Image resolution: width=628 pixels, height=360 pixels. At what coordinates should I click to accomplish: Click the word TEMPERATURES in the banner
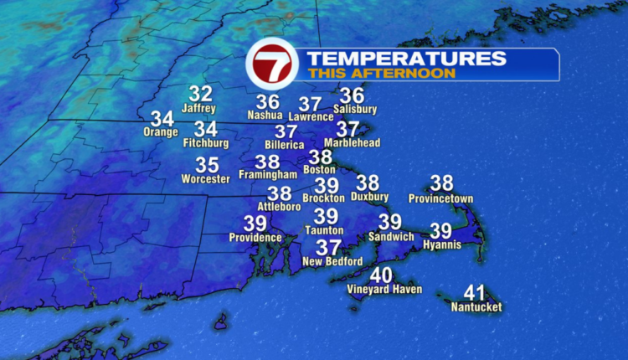(x=406, y=59)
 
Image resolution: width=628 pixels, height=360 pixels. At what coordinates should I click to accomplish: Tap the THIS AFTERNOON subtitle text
(x=381, y=74)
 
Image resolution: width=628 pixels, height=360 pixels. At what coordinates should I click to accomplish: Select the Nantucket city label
(x=476, y=308)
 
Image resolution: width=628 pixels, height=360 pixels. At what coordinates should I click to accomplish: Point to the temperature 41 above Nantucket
(x=475, y=293)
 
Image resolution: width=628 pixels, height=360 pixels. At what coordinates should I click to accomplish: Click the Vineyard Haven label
(x=384, y=290)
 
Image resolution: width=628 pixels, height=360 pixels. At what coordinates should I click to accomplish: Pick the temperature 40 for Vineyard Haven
(x=381, y=275)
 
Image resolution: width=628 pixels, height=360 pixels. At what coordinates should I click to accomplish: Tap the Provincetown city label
(x=441, y=198)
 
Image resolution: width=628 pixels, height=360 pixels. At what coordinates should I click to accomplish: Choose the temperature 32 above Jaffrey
(x=200, y=94)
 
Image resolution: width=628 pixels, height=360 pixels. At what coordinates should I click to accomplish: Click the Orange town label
(x=161, y=132)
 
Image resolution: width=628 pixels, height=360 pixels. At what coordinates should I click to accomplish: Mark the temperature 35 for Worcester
(x=207, y=165)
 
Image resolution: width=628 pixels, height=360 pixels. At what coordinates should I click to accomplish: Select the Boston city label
(x=319, y=170)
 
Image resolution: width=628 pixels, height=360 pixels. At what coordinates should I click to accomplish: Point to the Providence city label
(x=255, y=238)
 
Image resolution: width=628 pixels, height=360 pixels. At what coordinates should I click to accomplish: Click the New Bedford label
(x=332, y=262)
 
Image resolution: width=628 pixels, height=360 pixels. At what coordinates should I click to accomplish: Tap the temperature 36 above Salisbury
(x=353, y=95)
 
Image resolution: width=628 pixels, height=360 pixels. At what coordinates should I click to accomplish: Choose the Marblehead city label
(x=352, y=142)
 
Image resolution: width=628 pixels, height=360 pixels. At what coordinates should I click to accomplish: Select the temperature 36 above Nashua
(x=267, y=101)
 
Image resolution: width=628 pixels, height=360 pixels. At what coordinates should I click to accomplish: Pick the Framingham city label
(x=268, y=175)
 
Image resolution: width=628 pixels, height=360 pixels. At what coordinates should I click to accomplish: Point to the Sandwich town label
(x=390, y=237)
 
